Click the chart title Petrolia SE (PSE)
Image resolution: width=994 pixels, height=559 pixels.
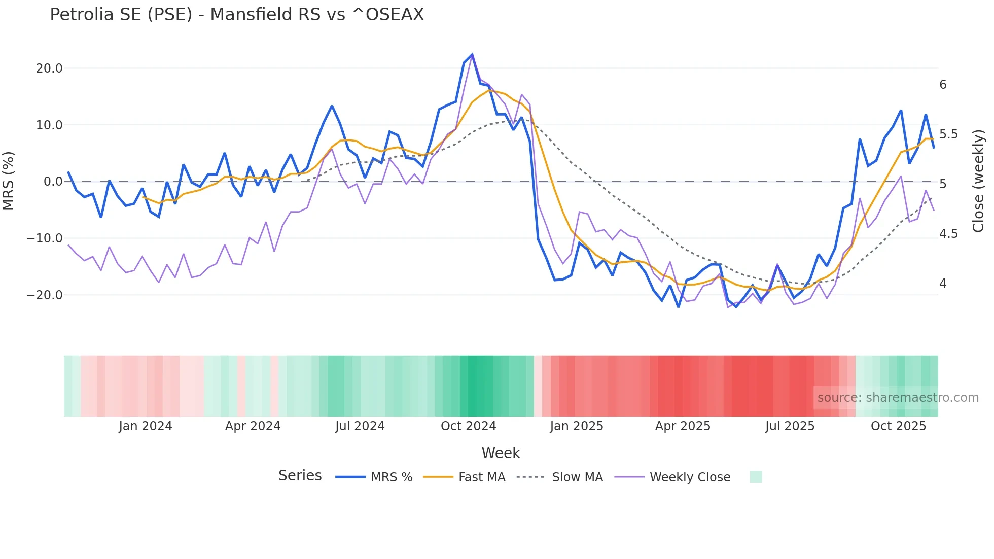[x=236, y=15]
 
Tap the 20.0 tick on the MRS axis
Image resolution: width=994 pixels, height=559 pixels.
[x=49, y=68]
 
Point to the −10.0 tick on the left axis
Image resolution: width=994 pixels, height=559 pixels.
[x=45, y=238]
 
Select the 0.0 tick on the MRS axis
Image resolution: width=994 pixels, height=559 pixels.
[x=53, y=182]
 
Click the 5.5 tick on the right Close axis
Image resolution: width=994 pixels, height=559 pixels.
[x=948, y=134]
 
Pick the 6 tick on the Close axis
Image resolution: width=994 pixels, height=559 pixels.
[x=943, y=85]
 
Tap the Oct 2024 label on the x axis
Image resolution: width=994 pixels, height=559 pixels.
[x=468, y=426]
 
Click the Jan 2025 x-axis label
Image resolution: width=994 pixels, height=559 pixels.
[x=576, y=426]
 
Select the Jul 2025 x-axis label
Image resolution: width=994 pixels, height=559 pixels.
[x=790, y=426]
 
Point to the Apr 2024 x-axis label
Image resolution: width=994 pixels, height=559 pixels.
[x=253, y=426]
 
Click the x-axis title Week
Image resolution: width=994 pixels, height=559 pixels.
[x=501, y=453]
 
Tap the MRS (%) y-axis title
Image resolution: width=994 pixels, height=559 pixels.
[x=9, y=181]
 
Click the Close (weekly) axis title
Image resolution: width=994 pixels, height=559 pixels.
[x=978, y=181]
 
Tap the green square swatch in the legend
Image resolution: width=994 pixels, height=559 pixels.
[x=756, y=477]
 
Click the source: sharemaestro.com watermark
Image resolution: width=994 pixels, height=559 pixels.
[x=898, y=398]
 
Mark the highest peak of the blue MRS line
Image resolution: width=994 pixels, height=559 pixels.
[x=472, y=54]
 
